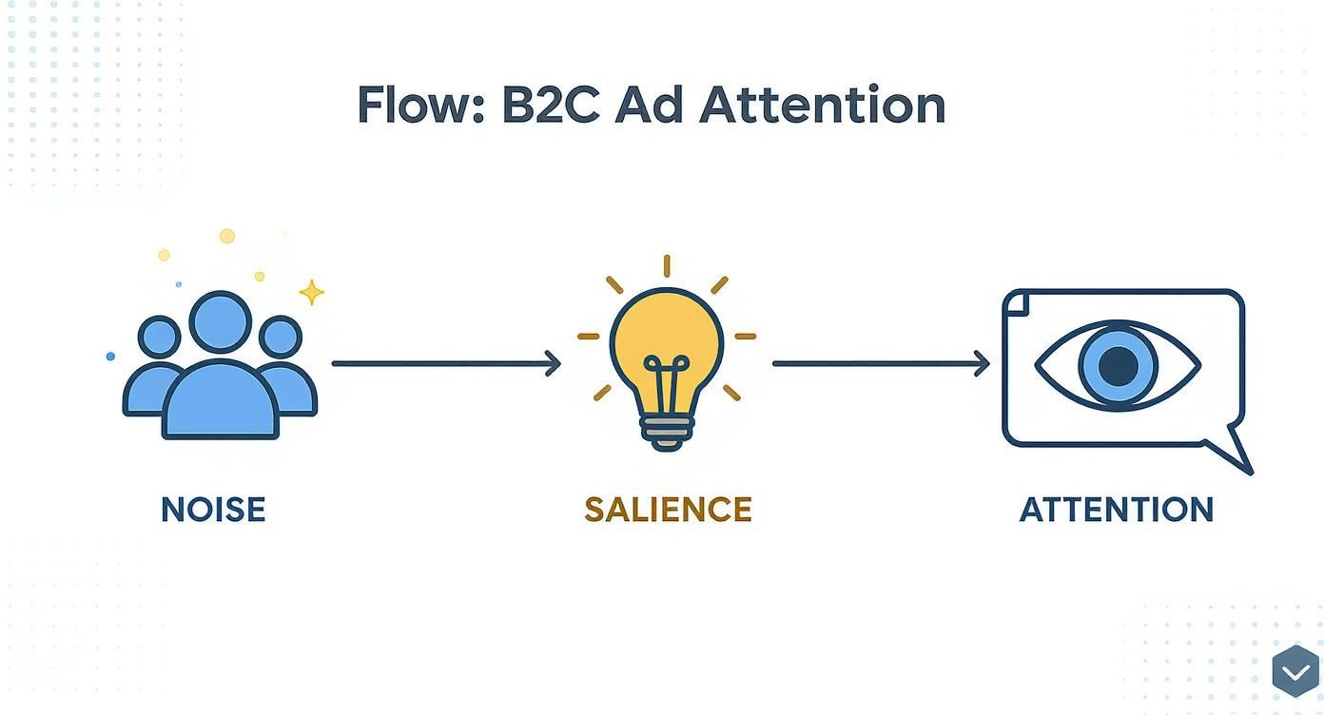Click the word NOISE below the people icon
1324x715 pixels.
tap(213, 510)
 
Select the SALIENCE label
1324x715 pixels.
tap(668, 510)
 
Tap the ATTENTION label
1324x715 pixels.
tap(1117, 510)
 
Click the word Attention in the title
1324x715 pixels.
tap(823, 106)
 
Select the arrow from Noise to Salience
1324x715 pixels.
tap(446, 363)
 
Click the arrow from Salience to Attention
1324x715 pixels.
tap(881, 363)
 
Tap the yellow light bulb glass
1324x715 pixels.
tap(666, 338)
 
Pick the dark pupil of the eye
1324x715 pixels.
tap(1118, 366)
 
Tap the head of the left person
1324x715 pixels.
tap(159, 337)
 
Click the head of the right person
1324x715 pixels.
tap(281, 337)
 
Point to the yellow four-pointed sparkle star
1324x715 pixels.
tap(311, 293)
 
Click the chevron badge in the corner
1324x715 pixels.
tap(1295, 671)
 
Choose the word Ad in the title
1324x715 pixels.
tap(648, 106)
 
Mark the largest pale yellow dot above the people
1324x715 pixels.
tap(227, 236)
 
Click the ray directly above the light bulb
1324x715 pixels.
tap(667, 266)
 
